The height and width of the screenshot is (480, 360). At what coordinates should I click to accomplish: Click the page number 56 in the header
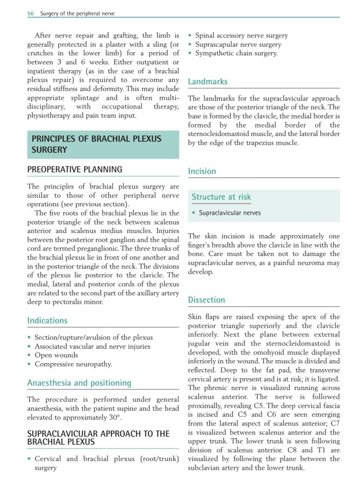coord(30,14)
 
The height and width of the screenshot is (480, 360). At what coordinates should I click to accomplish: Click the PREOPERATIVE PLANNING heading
coord(75,170)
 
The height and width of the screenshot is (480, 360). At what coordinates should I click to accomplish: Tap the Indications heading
coord(47,321)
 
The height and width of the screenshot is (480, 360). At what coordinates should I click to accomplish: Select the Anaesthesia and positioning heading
coord(79,383)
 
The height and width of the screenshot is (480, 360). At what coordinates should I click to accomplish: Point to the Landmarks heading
coord(208,82)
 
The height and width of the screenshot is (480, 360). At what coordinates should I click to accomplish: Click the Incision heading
coord(202,171)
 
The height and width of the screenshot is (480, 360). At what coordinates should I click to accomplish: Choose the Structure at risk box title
coord(221,197)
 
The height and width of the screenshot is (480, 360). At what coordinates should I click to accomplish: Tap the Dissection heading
coord(206,300)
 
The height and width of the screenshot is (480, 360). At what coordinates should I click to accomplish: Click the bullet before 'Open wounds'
coord(30,355)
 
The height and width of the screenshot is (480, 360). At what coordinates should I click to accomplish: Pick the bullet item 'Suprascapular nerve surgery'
coord(238,45)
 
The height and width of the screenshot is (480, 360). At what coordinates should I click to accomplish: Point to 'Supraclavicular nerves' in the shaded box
coord(230,213)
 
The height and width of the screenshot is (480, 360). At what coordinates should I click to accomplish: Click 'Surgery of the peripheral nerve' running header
coord(77,14)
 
